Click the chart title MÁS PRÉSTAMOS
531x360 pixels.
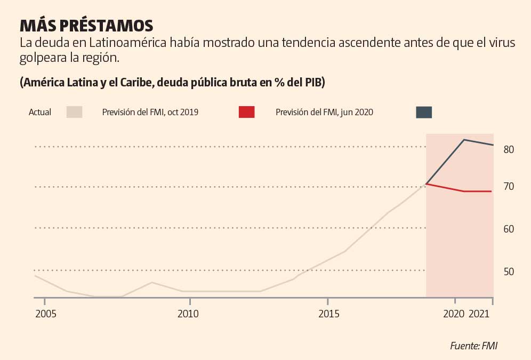point(86,26)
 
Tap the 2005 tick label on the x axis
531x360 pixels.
point(46,314)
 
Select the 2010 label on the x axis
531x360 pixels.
point(188,314)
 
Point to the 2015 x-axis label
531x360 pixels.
point(329,314)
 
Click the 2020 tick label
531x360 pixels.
point(454,314)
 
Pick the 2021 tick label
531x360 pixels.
point(480,314)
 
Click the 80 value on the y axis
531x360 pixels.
point(508,149)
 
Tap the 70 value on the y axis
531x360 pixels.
point(508,187)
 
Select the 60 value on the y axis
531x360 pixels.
point(508,229)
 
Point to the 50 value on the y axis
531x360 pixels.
point(508,272)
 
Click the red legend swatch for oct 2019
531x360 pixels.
point(246,112)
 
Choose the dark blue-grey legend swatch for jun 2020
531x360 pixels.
point(424,112)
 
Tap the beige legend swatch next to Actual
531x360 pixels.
point(74,112)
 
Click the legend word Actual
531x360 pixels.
point(40,113)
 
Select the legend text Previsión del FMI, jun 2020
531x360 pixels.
point(324,113)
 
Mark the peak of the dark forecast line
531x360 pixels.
point(464,140)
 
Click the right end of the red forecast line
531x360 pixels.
point(491,191)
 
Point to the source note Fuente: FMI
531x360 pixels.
point(473,346)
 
